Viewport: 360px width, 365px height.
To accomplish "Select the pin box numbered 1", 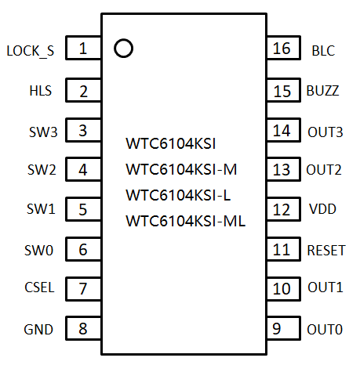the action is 83,48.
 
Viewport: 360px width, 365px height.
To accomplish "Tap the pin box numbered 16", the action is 283,48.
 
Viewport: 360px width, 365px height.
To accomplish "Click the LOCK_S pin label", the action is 31,51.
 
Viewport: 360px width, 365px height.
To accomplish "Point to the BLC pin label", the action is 323,51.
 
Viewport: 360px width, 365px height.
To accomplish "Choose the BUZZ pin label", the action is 322,91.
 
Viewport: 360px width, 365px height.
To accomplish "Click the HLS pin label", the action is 41,91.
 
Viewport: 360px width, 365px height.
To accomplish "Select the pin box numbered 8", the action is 83,328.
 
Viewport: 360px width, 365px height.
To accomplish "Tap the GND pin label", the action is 38,330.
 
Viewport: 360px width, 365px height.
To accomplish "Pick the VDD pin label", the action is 322,209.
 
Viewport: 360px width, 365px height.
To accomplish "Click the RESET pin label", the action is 326,251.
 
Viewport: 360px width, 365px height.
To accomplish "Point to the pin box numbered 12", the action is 283,209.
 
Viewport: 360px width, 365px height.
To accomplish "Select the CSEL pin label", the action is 39,287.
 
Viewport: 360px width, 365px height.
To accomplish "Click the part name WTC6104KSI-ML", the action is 186,221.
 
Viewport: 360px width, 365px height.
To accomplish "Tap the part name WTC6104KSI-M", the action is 181,169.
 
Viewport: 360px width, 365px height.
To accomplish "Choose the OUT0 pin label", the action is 325,330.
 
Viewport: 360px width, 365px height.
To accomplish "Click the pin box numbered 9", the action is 283,328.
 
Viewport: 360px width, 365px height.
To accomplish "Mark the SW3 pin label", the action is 43,132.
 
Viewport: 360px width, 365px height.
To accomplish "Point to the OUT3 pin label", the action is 325,132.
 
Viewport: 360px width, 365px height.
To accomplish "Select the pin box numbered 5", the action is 83,209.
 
